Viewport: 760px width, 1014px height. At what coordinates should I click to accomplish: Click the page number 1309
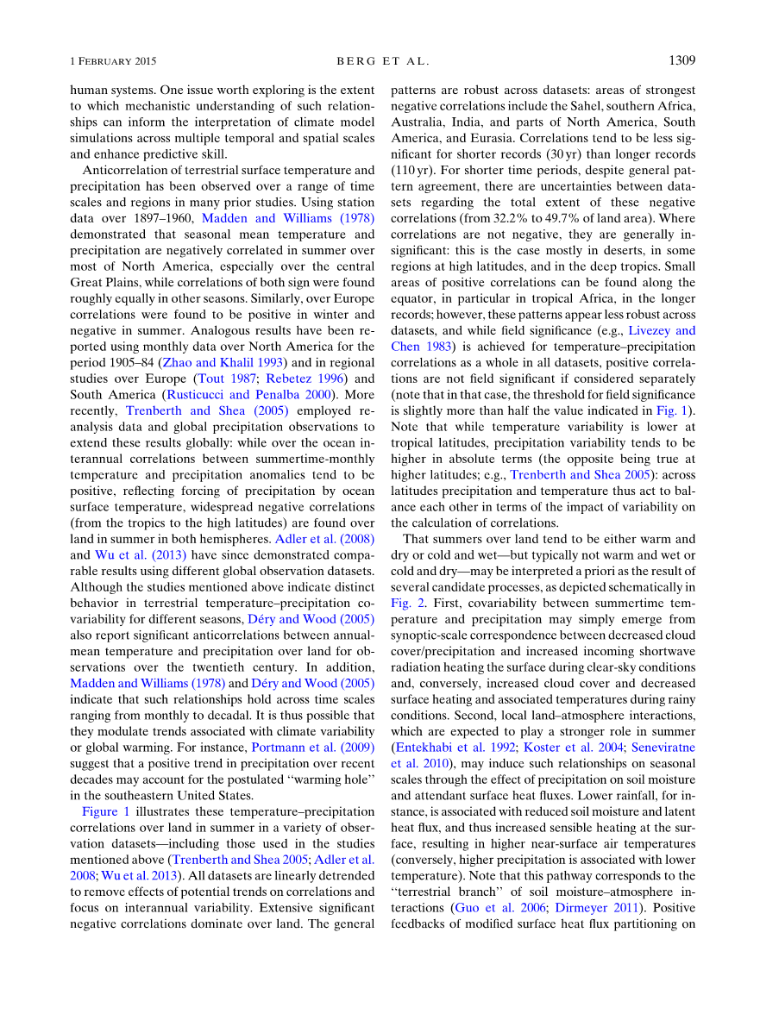(x=681, y=61)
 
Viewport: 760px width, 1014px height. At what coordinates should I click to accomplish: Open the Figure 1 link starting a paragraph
(x=106, y=812)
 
